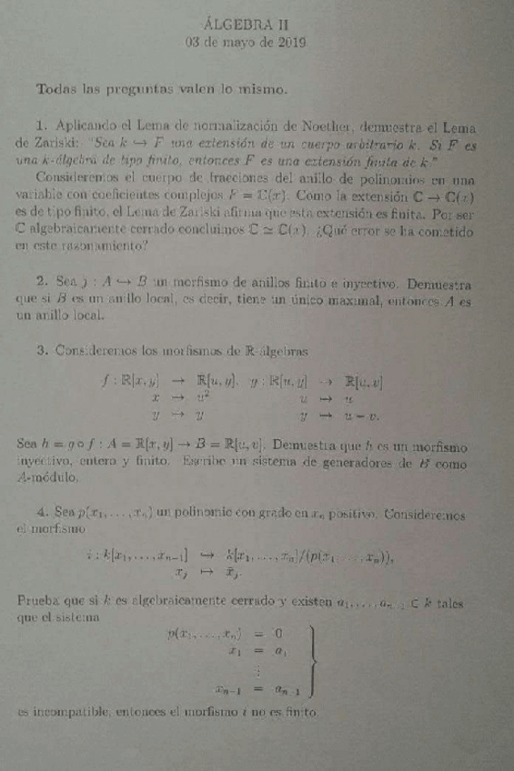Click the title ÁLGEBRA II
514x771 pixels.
click(x=247, y=25)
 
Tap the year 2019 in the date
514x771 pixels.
click(x=289, y=42)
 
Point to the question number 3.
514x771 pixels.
click(x=42, y=349)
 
